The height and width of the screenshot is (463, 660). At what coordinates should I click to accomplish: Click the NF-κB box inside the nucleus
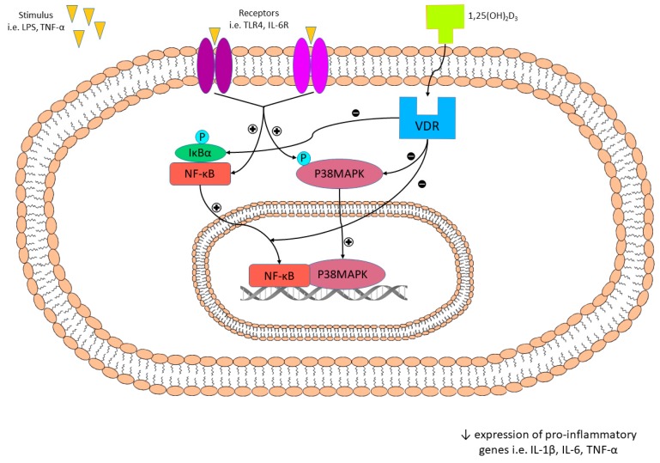(x=278, y=275)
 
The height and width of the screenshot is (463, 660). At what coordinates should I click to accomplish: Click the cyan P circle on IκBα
(x=202, y=137)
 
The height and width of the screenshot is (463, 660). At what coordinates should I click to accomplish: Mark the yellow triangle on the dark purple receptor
(x=214, y=34)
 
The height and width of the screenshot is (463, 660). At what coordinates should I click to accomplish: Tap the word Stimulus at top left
(x=37, y=15)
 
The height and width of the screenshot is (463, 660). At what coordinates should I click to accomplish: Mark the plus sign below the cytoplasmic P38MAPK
(x=348, y=241)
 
